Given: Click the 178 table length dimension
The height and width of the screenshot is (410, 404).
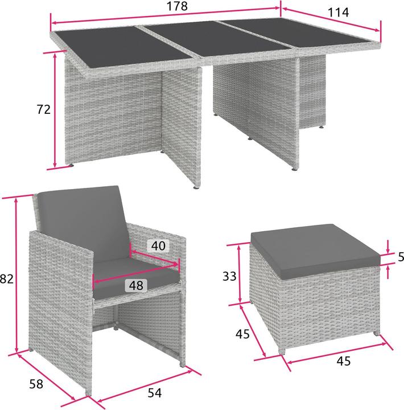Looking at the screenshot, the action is [x=178, y=6].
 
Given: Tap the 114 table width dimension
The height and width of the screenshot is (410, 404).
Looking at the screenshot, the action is [x=338, y=13].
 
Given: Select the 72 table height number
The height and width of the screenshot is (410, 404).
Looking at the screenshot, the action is [x=44, y=109].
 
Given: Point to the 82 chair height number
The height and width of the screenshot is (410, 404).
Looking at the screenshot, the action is [x=6, y=278].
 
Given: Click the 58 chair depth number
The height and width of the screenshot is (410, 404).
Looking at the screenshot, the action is [x=36, y=384].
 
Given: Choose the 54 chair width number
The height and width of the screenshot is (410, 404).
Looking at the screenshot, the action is [x=155, y=393].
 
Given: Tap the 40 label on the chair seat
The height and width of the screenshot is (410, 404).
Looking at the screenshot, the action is [x=158, y=246].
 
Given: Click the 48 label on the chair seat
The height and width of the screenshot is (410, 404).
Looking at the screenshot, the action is [x=136, y=285].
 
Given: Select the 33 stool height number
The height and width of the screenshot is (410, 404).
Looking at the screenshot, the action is [x=229, y=276].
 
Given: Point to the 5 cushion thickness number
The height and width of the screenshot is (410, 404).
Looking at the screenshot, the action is [x=401, y=257].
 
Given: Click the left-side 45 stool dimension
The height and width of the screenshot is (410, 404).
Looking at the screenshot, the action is [x=243, y=334].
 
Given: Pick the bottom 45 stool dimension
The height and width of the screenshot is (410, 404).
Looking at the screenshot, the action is [x=343, y=361].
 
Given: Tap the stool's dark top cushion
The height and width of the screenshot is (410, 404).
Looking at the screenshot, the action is [x=315, y=251].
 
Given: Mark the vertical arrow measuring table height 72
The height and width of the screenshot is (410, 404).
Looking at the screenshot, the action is [x=55, y=110].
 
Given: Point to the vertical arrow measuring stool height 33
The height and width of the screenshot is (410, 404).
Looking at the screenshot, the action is [x=240, y=273].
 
